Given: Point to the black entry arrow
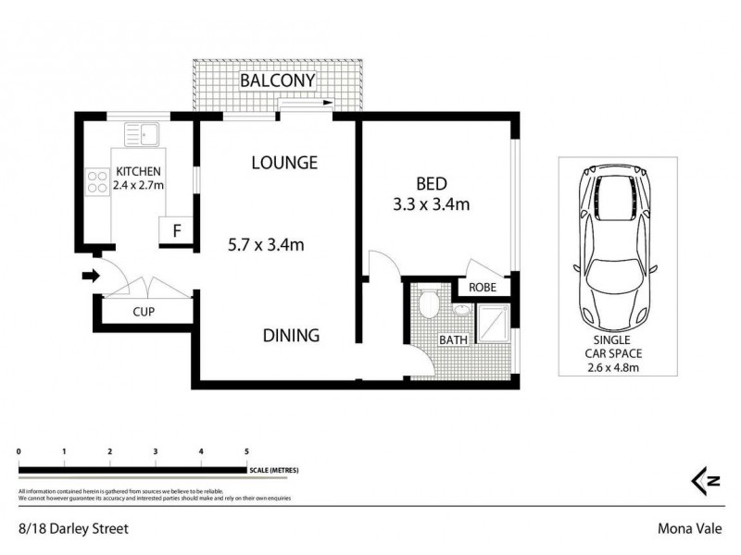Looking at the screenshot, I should point(89,274).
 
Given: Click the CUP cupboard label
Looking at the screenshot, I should point(143,312).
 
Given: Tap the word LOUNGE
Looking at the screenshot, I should point(284,163).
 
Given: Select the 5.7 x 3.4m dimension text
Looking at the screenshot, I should point(267,245).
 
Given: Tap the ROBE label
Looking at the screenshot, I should point(483,288).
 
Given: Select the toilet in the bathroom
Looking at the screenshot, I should point(430,304).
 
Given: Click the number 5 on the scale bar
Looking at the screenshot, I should point(246,451).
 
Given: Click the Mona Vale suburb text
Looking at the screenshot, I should point(690,530).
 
